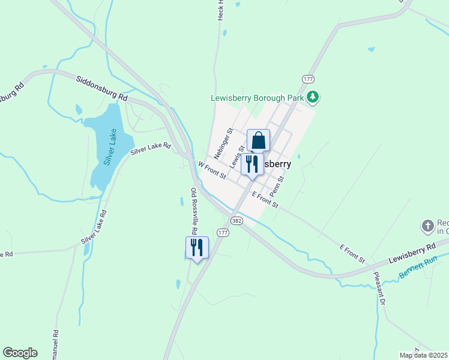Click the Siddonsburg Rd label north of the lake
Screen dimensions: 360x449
click(102, 88)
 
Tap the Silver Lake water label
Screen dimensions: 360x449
click(110, 146)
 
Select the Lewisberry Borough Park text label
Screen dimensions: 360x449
click(256, 98)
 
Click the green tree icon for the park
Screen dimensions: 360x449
click(312, 97)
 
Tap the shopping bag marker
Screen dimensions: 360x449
click(258, 141)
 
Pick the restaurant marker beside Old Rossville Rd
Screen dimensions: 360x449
click(197, 247)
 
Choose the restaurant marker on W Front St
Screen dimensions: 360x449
click(252, 164)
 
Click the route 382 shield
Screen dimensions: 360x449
click(237, 221)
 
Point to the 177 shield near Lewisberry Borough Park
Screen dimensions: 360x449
click(308, 79)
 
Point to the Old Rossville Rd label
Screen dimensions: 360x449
click(194, 211)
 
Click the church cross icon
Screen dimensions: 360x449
click(427, 226)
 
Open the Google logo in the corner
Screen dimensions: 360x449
click(20, 353)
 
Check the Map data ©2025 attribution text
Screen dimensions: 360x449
click(424, 355)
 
